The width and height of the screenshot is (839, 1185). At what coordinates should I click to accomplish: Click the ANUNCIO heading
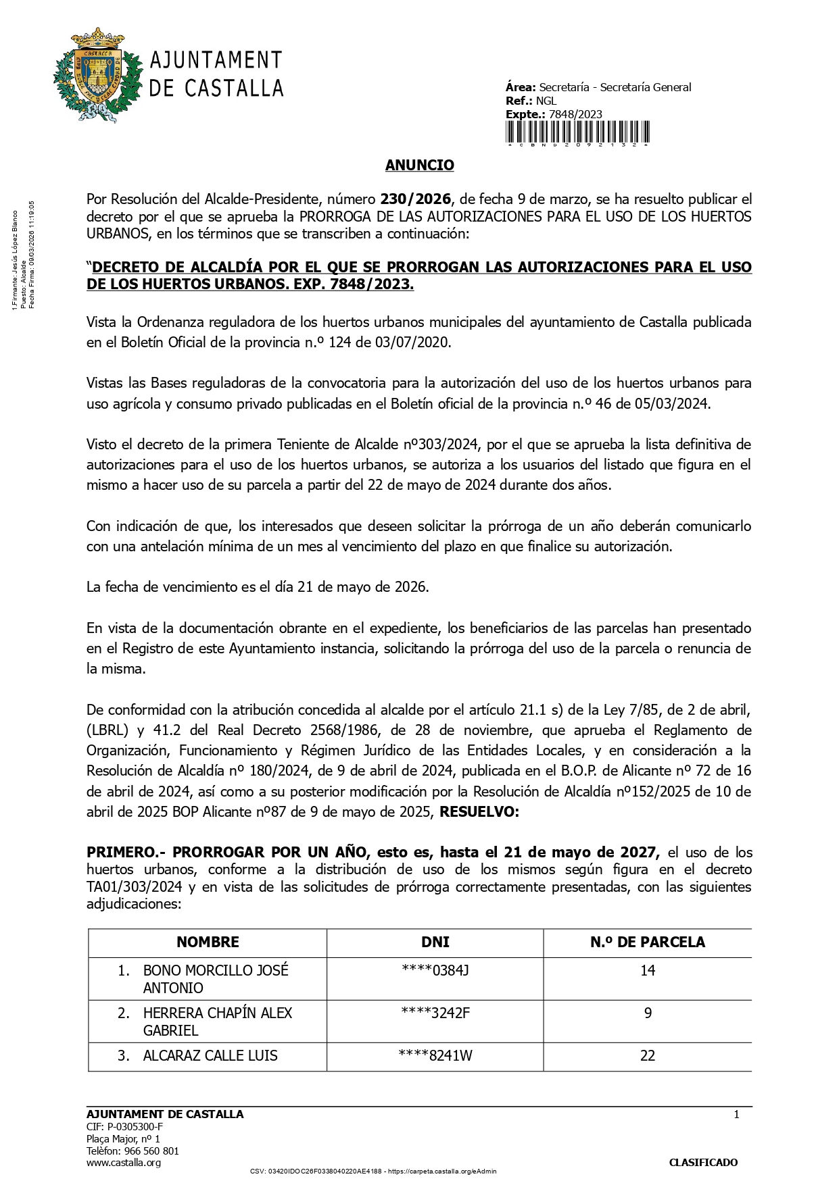(x=419, y=166)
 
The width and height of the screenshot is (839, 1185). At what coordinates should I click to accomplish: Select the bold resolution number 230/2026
(x=415, y=199)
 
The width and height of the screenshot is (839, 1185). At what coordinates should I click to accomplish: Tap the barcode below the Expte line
(x=577, y=133)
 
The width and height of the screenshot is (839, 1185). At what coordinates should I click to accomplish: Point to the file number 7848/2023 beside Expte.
(x=575, y=114)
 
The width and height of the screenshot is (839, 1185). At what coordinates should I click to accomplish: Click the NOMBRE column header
(x=208, y=942)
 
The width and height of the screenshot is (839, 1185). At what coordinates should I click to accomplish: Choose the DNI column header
(x=435, y=942)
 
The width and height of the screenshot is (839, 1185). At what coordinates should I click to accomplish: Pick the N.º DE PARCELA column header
(x=647, y=942)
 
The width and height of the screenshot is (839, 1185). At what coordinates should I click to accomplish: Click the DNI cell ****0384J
(x=435, y=971)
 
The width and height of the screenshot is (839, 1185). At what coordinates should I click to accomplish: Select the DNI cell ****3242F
(x=435, y=1013)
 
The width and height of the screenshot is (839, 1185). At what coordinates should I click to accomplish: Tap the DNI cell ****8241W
(x=435, y=1056)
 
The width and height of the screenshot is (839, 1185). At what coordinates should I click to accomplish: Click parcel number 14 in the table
(x=647, y=971)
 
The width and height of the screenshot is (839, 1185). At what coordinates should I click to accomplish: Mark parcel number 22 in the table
(x=647, y=1056)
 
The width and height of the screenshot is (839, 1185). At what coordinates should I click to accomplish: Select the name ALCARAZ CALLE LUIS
(x=210, y=1056)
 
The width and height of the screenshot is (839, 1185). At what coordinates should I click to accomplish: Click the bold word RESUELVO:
(x=479, y=812)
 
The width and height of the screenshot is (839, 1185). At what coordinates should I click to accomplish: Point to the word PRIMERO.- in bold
(x=122, y=853)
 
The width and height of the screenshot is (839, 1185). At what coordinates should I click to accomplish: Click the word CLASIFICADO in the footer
(x=703, y=1163)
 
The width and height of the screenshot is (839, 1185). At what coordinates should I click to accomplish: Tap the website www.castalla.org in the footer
(x=124, y=1163)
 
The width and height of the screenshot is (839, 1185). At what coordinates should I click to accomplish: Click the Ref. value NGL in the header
(x=546, y=101)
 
